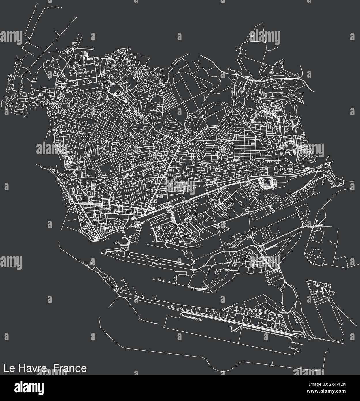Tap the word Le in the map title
[x=8, y=368]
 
